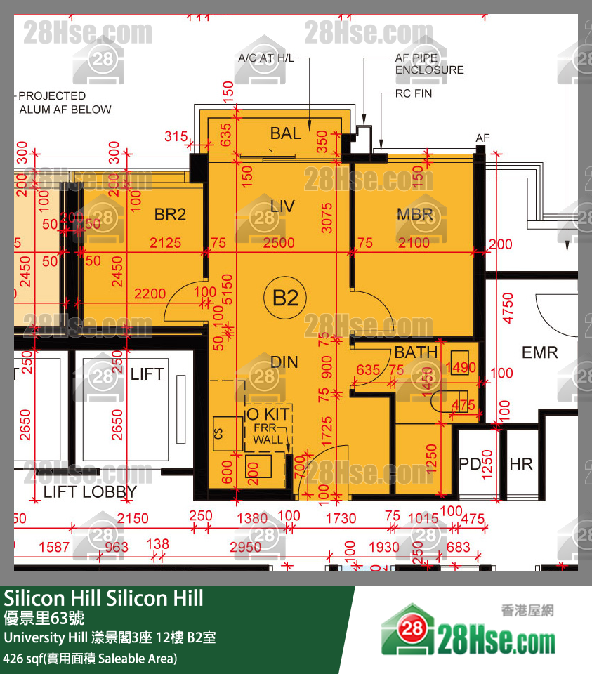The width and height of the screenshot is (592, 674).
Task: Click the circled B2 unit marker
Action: (x=285, y=298)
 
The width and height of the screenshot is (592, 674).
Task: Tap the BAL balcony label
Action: (x=286, y=133)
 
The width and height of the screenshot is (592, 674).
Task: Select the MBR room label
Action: (x=415, y=215)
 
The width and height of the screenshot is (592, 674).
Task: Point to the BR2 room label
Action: (x=170, y=215)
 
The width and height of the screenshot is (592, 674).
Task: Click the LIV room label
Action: (x=282, y=206)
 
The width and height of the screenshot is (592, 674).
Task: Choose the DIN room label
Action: (x=284, y=362)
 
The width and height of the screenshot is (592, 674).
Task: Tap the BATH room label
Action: (x=416, y=352)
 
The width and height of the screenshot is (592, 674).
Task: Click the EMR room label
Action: (x=539, y=352)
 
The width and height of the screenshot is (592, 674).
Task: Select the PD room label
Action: (x=470, y=464)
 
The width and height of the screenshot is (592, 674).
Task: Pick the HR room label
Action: (x=520, y=464)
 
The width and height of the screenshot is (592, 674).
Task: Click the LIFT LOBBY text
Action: (x=90, y=492)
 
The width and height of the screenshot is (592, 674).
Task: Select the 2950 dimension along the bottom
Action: (x=245, y=547)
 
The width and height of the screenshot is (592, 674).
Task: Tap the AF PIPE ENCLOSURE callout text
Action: (x=429, y=65)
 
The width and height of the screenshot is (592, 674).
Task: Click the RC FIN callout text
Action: (x=414, y=93)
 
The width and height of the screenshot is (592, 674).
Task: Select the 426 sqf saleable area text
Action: (x=90, y=659)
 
